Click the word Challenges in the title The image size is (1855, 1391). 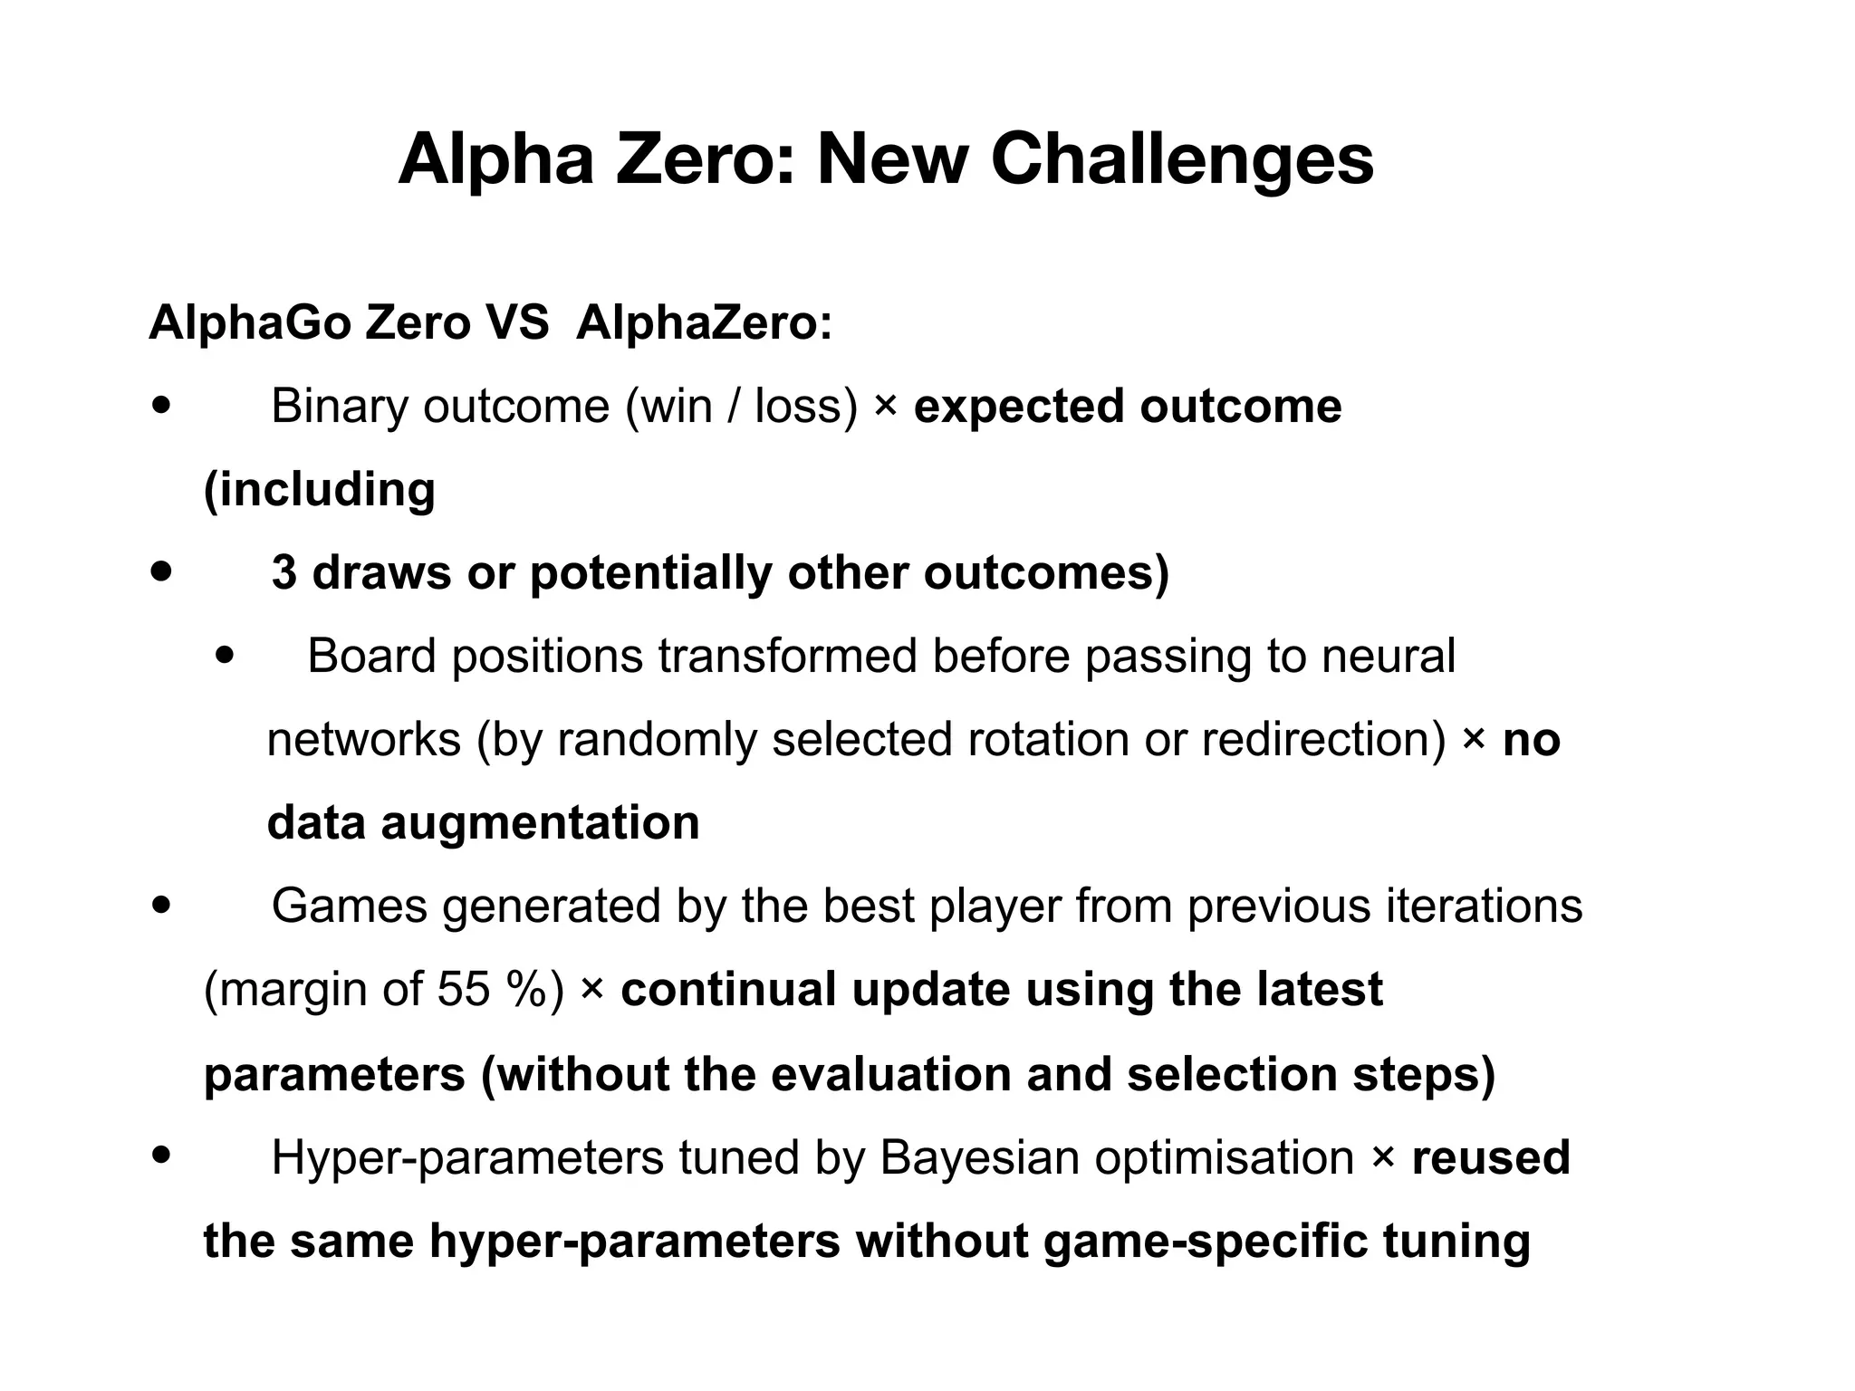click(1182, 159)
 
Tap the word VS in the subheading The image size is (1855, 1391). click(516, 322)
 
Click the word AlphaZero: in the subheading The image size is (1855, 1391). click(704, 322)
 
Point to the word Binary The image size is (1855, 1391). click(340, 407)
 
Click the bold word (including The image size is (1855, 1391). click(320, 490)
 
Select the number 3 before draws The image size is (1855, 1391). click(284, 573)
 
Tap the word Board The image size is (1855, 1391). click(371, 657)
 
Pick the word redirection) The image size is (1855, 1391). click(1324, 740)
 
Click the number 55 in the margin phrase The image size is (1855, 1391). click(464, 990)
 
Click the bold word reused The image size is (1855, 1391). click(1491, 1158)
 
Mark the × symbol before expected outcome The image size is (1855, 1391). click(885, 407)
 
